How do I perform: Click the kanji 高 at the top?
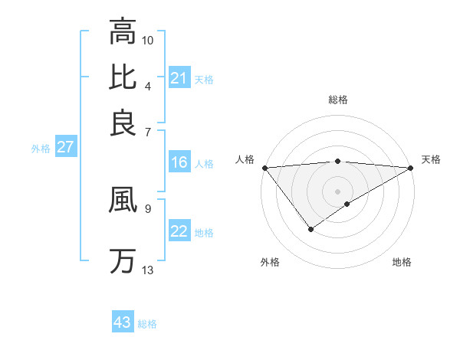[x=122, y=32]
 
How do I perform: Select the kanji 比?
[x=122, y=77]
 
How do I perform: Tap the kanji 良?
[x=122, y=122]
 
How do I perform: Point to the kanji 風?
[x=122, y=201]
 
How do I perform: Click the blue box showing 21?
[x=179, y=78]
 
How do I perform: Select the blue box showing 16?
[x=179, y=162]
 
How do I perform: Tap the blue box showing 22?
[x=179, y=232]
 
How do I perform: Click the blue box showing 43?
[x=123, y=322]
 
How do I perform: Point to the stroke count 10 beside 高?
[x=148, y=39]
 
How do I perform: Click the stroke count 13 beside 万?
[x=148, y=270]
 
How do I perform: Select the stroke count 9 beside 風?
[x=148, y=207]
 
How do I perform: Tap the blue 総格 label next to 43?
[x=148, y=324]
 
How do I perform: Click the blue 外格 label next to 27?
[x=41, y=149]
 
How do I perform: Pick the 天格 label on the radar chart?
[x=432, y=159]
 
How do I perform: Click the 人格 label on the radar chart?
[x=245, y=159]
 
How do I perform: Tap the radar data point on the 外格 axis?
[x=310, y=228]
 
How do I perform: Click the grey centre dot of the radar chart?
[x=337, y=191]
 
